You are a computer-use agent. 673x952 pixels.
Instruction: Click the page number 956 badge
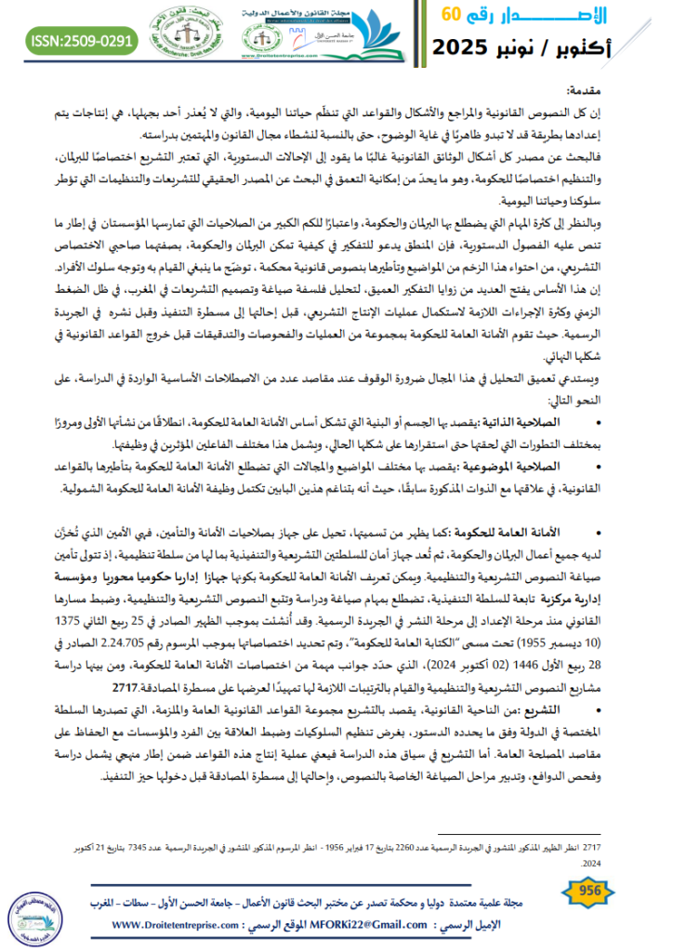tap(590, 890)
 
